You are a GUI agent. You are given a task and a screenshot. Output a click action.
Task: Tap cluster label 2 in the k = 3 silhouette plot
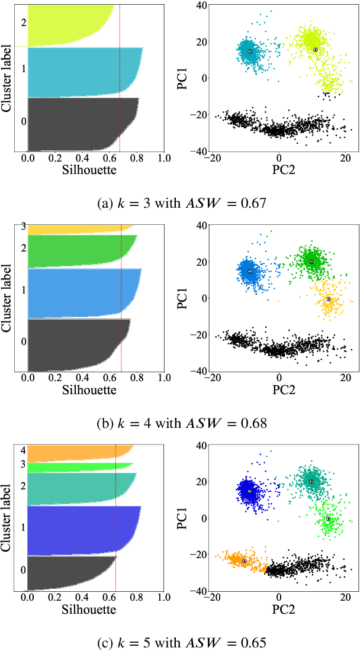(23, 23)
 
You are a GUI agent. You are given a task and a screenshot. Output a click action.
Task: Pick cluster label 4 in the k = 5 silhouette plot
(23, 450)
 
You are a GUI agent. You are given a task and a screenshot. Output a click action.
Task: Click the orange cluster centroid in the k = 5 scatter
(244, 561)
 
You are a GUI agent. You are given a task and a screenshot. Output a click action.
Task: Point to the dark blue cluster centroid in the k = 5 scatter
(250, 491)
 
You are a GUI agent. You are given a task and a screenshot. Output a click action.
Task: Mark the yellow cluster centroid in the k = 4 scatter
(329, 299)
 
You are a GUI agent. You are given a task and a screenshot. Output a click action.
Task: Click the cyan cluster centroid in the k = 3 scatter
(250, 51)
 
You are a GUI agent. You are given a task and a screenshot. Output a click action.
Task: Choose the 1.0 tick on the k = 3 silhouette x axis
(164, 159)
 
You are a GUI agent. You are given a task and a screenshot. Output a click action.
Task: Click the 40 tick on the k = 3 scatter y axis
(201, 6)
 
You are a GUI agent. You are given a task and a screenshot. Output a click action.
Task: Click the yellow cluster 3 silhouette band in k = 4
(77, 229)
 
